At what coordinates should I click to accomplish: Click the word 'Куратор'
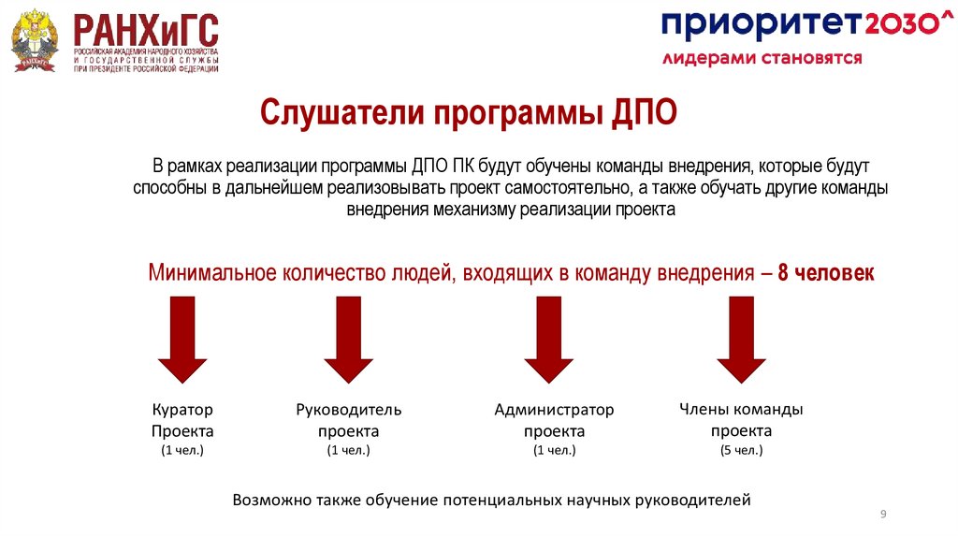click(182, 410)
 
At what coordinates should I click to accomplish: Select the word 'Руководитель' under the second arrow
click(348, 410)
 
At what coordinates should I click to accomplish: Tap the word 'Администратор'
click(554, 410)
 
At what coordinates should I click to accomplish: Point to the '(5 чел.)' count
click(741, 450)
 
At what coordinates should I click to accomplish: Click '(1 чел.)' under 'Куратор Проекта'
click(182, 451)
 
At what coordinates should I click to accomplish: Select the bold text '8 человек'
click(826, 273)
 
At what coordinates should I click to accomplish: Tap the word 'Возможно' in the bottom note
click(272, 501)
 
